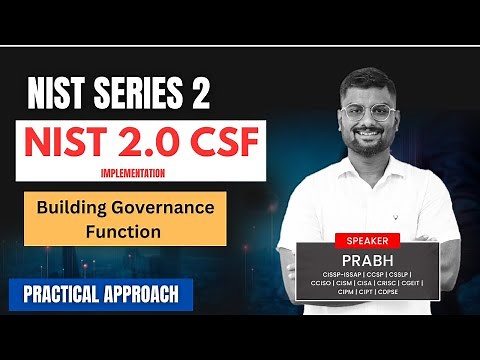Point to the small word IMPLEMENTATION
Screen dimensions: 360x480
pyautogui.click(x=133, y=172)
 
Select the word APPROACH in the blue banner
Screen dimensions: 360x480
pyautogui.click(x=143, y=294)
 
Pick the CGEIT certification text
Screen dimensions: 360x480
pyautogui.click(x=409, y=283)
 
